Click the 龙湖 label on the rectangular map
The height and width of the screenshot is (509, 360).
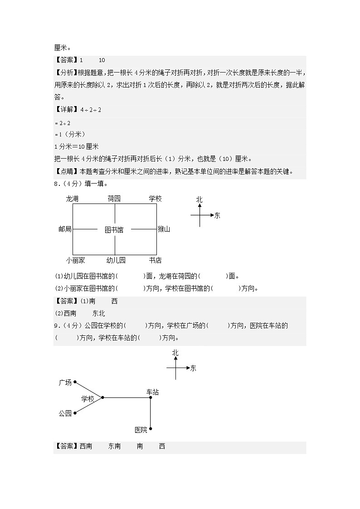[72, 199]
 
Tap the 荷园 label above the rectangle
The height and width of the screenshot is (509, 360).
[114, 199]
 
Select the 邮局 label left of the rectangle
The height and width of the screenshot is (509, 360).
[65, 229]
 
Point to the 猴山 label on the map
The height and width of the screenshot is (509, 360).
[164, 229]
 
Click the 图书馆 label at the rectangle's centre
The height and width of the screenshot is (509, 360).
[114, 230]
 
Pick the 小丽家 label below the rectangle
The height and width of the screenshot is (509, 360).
[75, 260]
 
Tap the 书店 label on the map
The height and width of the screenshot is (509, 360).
[155, 260]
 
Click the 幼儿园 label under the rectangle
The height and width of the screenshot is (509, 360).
[116, 260]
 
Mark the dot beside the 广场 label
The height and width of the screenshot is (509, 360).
[75, 382]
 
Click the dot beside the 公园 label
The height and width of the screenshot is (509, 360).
[75, 413]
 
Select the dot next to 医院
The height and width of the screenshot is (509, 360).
[151, 428]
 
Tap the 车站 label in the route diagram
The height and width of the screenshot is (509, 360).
[152, 392]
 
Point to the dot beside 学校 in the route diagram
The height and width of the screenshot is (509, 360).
[103, 398]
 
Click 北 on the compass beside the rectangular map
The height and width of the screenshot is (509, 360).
[199, 199]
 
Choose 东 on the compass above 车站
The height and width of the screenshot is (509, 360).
[193, 368]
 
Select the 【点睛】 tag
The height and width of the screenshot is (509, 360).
[66, 171]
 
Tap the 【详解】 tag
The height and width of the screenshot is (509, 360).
[66, 110]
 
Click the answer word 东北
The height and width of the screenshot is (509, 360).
[98, 313]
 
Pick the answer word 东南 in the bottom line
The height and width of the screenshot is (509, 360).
[114, 446]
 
